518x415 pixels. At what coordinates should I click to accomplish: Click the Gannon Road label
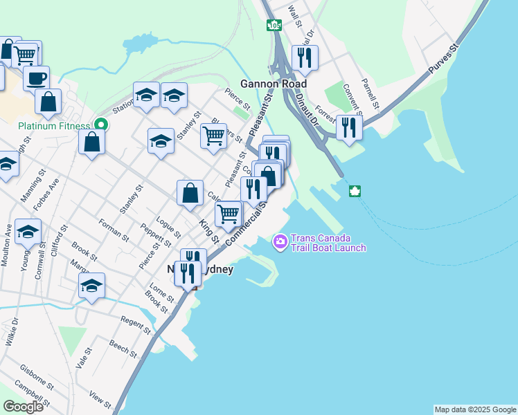point(274,84)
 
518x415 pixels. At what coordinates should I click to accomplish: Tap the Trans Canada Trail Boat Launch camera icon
point(280,241)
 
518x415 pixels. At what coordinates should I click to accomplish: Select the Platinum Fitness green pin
point(101,125)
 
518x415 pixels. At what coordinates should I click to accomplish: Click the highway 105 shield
point(274,26)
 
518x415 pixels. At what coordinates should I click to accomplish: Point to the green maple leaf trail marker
point(355,191)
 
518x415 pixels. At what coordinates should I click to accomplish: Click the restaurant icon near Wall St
point(304,57)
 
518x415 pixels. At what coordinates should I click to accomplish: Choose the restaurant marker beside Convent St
point(349,127)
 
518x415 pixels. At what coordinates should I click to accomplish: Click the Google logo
point(23,406)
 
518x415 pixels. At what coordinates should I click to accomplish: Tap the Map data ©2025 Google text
point(474,409)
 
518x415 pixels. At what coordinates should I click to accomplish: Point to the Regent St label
point(136,326)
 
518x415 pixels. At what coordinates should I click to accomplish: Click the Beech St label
point(123,348)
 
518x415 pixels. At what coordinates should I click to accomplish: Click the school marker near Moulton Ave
point(28,232)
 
